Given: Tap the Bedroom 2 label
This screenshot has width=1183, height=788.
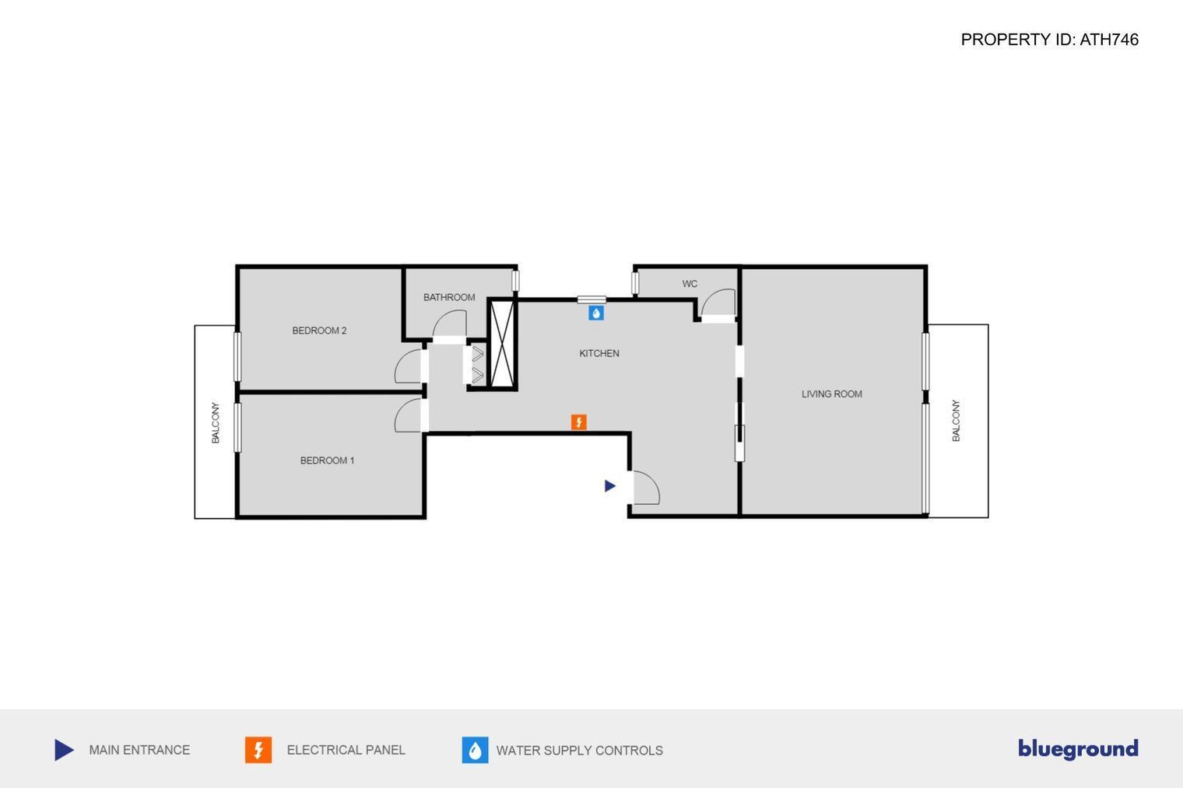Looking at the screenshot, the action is point(320,331).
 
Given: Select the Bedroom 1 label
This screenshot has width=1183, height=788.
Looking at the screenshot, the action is point(327,461).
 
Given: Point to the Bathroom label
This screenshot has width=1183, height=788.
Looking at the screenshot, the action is point(449,297).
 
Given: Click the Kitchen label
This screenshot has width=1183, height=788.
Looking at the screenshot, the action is point(599,353).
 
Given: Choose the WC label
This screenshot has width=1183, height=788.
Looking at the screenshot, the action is point(690,283).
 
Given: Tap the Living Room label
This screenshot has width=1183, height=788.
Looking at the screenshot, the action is point(832,394).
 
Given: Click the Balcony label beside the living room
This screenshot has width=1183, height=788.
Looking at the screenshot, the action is point(956,421).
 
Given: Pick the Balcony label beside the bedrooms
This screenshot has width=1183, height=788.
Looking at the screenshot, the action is point(216,422).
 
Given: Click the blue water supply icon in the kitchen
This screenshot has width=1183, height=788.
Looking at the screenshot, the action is point(596,313).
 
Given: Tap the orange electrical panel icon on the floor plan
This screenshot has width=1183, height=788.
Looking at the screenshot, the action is point(579,422).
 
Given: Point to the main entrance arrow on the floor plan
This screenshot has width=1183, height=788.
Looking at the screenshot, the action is point(610,485).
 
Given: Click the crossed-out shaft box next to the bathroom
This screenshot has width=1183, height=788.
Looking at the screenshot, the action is point(502,344).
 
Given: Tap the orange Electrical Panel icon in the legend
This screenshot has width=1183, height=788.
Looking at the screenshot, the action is point(258,750).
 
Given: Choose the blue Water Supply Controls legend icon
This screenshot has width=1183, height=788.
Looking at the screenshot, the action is point(475,750).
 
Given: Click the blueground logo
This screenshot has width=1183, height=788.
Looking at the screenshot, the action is point(1078,749).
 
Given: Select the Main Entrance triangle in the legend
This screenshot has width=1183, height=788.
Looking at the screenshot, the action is point(64,750).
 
